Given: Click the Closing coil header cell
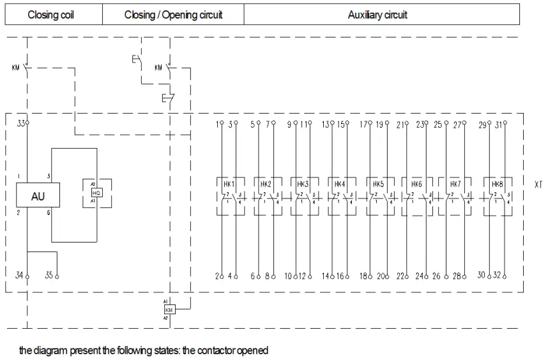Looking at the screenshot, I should click(51, 15).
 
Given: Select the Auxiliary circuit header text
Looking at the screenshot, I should click(377, 15).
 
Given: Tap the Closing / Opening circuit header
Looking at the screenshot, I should click(173, 15).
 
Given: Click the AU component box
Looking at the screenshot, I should click(38, 196).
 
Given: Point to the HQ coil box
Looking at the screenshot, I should click(96, 192).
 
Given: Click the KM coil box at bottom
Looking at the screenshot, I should click(169, 309).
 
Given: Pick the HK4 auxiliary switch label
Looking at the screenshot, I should click(340, 184).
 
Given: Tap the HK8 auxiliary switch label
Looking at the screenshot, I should click(498, 184).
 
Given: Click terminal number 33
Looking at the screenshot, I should click(21, 123).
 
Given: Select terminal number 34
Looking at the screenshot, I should click(20, 275).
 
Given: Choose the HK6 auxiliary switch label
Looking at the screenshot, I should click(417, 184).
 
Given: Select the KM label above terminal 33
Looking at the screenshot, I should click(16, 66).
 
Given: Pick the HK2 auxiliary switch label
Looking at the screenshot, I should click(266, 184).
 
